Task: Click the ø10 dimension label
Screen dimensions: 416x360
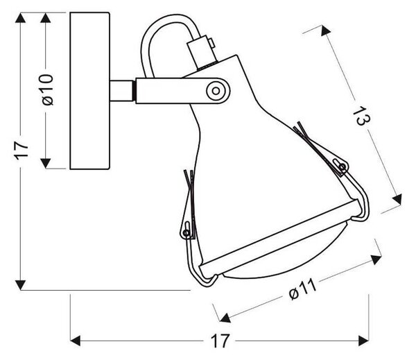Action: pos(48,89)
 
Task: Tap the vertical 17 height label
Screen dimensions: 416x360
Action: pos(21,151)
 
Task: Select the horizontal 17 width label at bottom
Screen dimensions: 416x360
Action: pos(219,341)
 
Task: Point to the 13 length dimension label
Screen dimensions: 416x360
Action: pos(361,115)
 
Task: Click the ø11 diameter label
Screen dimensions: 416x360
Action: pos(303,289)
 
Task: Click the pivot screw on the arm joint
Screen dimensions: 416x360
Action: pos(216,91)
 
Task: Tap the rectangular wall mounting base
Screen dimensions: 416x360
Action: pos(90,91)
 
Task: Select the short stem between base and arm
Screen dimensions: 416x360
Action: pos(121,91)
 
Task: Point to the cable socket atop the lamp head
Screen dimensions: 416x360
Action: pos(201,52)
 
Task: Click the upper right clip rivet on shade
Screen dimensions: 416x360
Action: pos(343,166)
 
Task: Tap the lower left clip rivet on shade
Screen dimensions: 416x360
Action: pos(187,233)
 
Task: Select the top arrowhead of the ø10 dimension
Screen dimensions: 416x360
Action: pos(46,17)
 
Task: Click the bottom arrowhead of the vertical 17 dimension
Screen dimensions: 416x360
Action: pos(20,285)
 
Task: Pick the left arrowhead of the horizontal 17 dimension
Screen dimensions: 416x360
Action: pos(76,341)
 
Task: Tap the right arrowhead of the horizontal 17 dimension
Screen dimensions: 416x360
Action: pos(363,341)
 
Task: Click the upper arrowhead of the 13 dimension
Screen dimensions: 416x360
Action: pos(326,31)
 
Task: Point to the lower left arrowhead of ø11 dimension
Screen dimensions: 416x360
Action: pos(225,318)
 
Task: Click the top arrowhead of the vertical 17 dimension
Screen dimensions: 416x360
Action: pos(20,17)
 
